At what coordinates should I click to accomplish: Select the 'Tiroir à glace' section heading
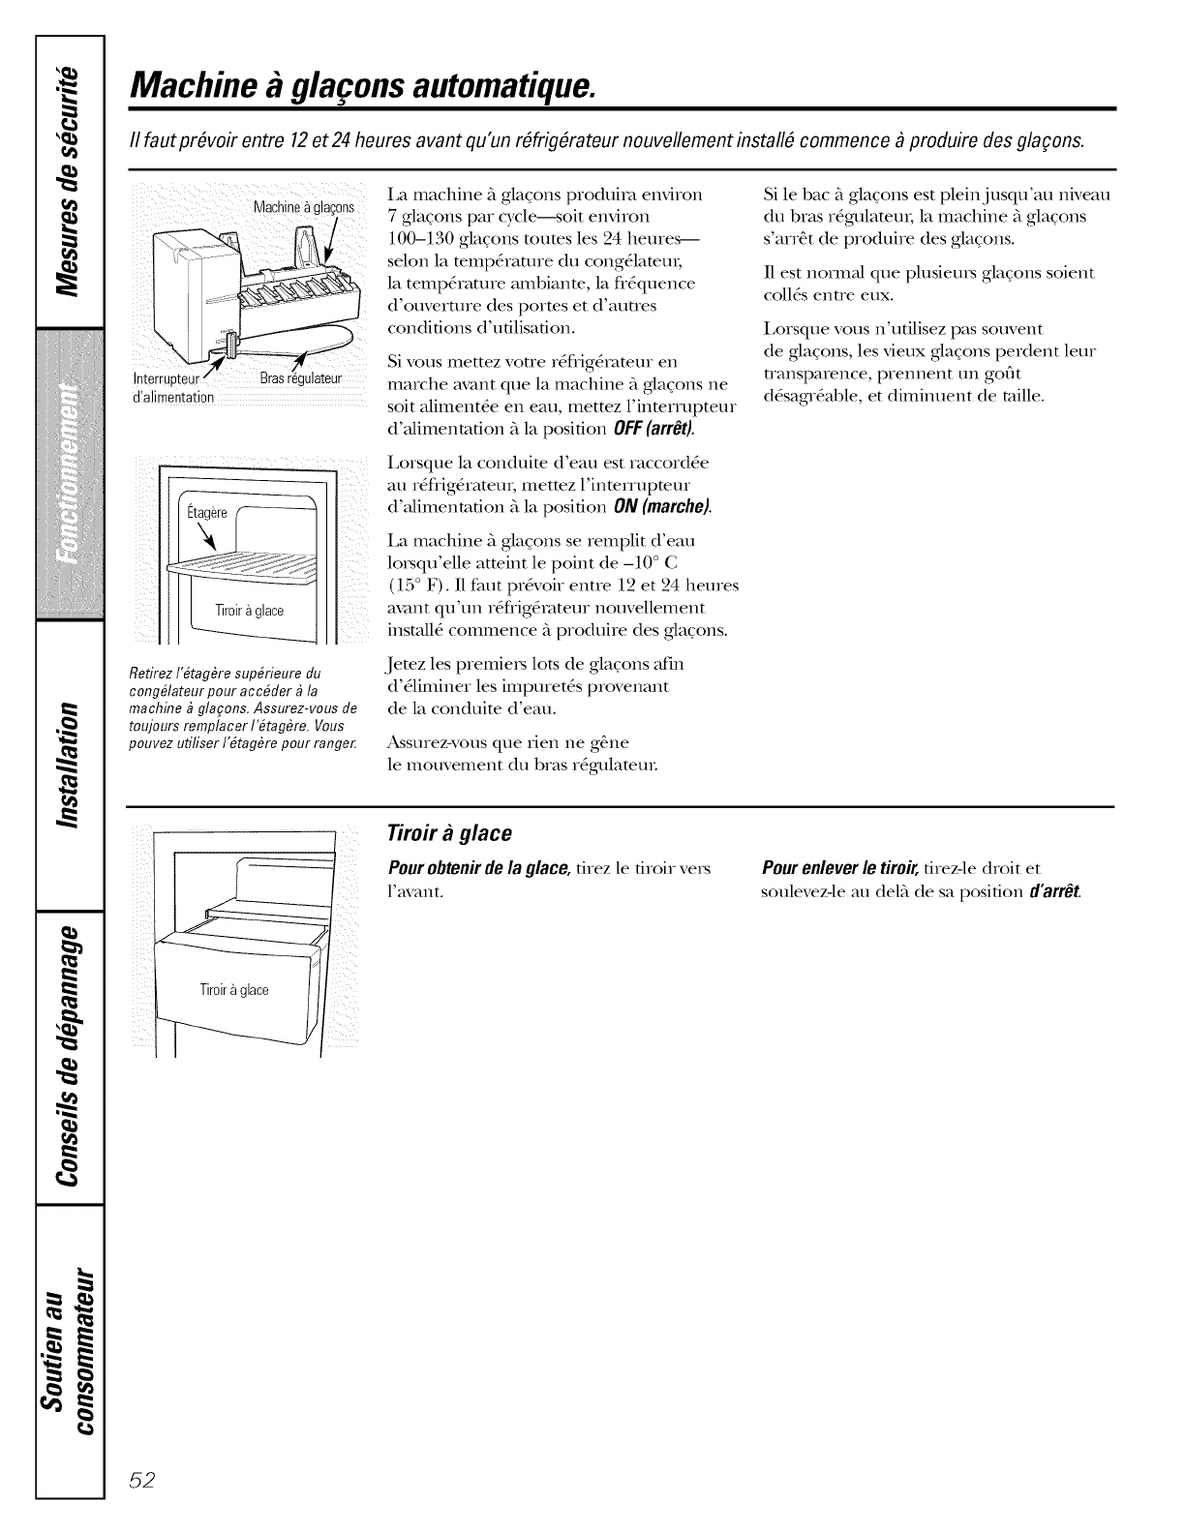point(448,833)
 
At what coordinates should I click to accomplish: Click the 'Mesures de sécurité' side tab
point(68,184)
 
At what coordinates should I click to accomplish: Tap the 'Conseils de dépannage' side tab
point(68,1055)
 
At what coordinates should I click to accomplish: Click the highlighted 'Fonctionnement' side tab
point(68,474)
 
